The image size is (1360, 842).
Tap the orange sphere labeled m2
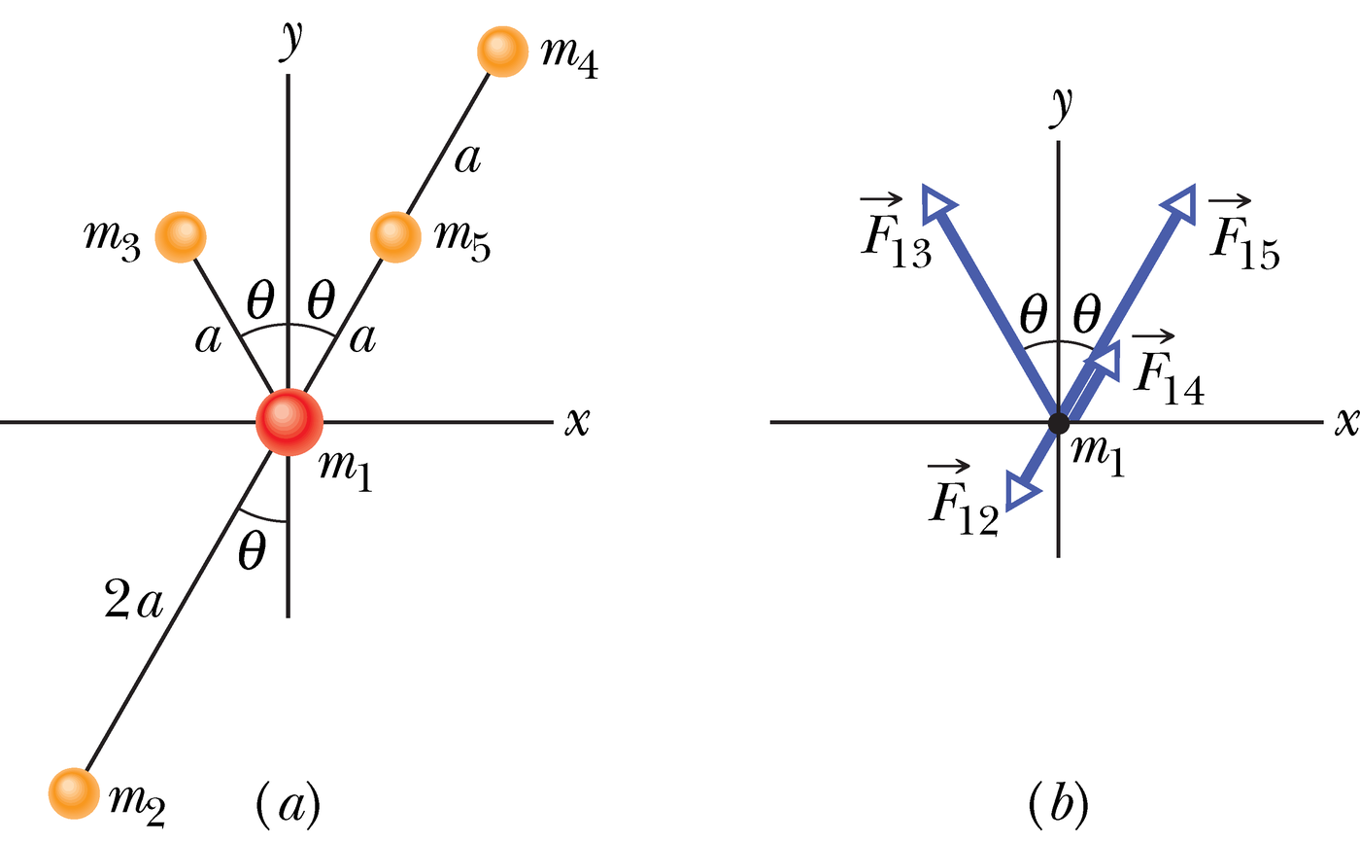tap(74, 792)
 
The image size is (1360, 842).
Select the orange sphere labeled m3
tap(181, 236)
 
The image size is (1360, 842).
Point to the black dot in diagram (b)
tap(1058, 423)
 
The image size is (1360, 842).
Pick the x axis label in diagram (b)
tap(1344, 422)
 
